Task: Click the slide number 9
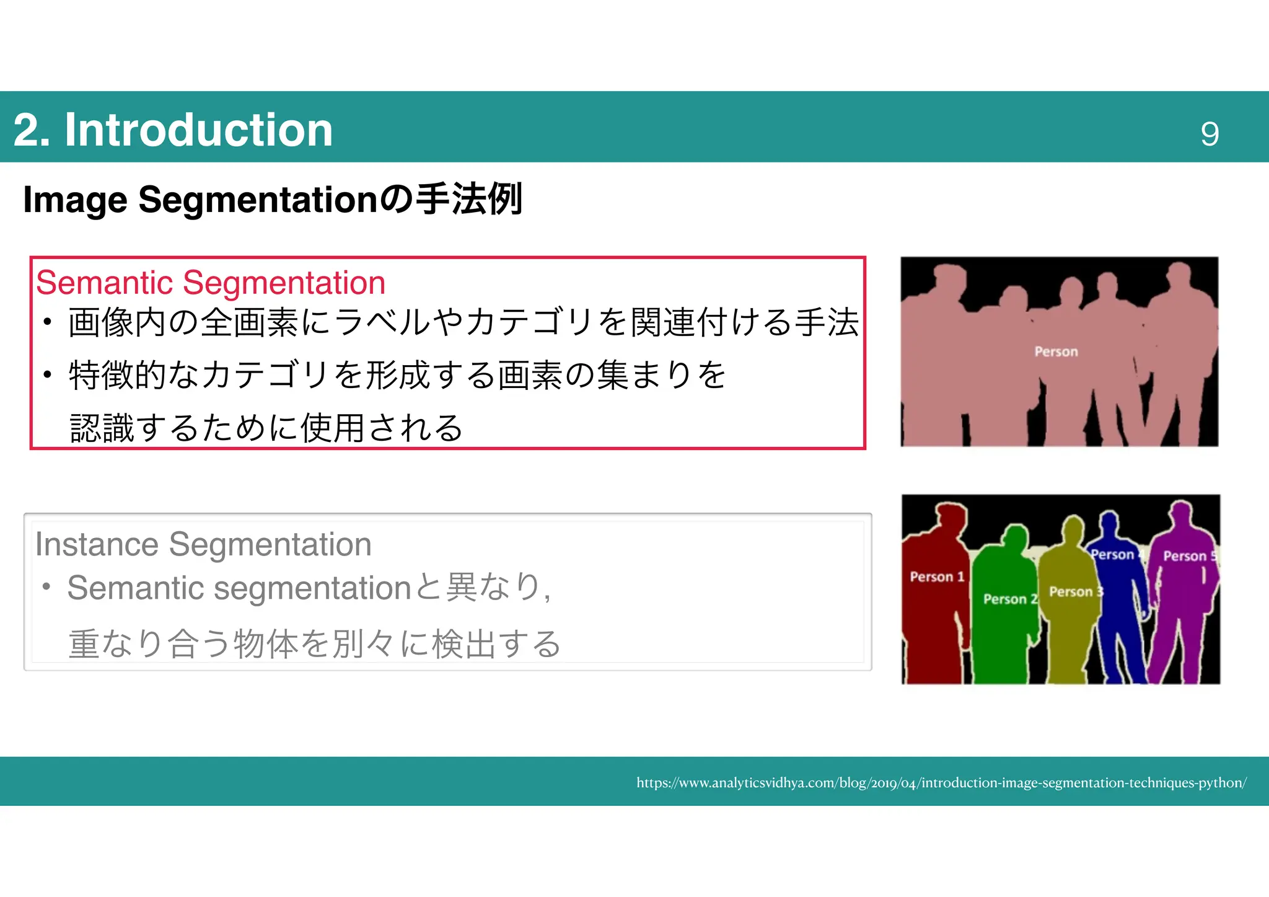(1209, 134)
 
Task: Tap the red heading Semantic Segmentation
(211, 283)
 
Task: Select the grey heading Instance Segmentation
(203, 544)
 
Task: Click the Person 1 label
(937, 577)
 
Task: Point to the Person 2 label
(1010, 599)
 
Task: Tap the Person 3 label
(1076, 592)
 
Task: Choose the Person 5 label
(1190, 556)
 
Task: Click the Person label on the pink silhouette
(1056, 352)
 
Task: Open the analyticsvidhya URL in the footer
(941, 783)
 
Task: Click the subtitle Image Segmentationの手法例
(273, 200)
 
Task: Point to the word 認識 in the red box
(102, 428)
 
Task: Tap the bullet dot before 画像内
(47, 322)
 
